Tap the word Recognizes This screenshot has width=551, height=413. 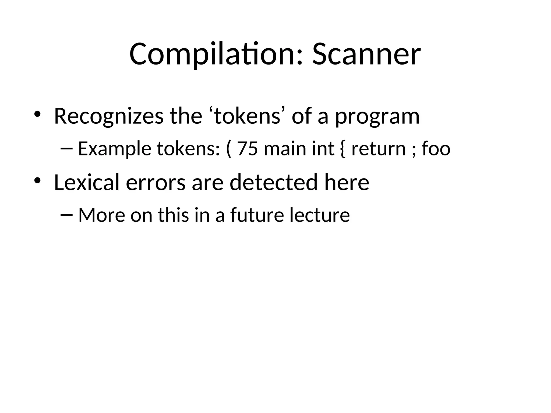click(109, 116)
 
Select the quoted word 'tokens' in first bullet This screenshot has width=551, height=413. click(247, 116)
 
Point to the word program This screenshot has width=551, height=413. click(377, 117)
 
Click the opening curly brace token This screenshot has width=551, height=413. click(342, 149)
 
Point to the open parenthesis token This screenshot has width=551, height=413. click(229, 149)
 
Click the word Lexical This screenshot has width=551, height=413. click(87, 182)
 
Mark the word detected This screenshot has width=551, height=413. click(274, 182)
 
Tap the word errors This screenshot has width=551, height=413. click(156, 183)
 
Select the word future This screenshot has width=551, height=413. click(257, 215)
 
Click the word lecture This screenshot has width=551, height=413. click(320, 215)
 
